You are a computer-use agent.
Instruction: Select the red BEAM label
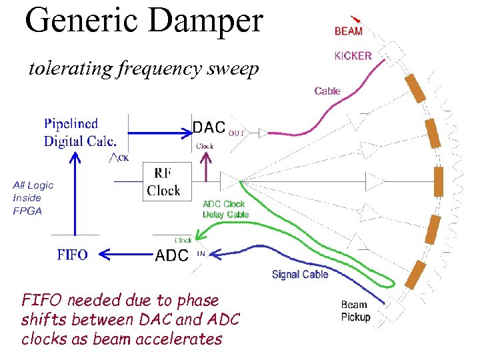point(349,31)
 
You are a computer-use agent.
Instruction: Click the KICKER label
point(353,56)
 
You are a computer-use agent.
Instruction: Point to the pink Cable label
point(327,91)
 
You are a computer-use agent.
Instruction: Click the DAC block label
point(209,127)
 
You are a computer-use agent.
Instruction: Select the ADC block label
point(171,255)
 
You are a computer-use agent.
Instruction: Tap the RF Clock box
point(163,182)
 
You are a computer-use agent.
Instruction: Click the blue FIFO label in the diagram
point(72,255)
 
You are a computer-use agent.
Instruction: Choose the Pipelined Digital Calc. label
point(80,132)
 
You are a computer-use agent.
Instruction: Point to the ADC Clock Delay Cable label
point(225,209)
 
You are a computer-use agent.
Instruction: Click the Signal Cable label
point(300,274)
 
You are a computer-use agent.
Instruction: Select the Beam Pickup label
point(355,311)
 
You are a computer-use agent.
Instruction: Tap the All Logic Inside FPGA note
point(33,198)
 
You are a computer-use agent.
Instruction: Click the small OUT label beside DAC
point(237,133)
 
